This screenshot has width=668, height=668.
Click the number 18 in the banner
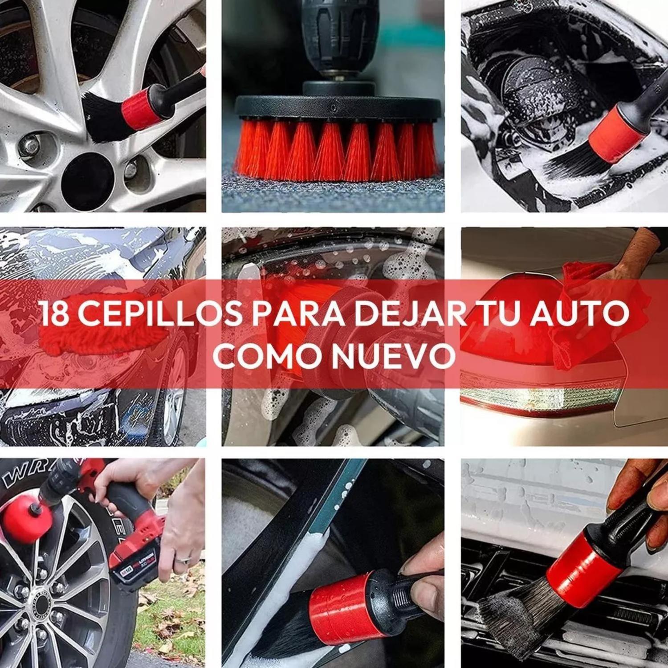(x=54, y=313)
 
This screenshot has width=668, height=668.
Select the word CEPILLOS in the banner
(x=160, y=313)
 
